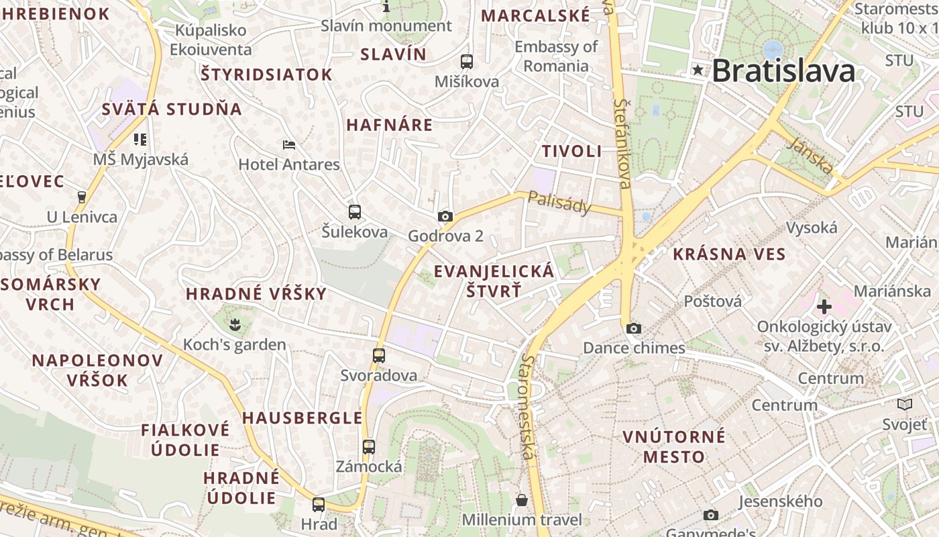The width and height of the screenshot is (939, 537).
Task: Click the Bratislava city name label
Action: [x=783, y=70]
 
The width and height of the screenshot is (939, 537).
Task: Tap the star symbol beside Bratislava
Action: [x=698, y=70]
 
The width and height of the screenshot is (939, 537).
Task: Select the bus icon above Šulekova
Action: [x=355, y=212]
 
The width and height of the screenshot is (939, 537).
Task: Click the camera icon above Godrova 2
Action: [x=445, y=216]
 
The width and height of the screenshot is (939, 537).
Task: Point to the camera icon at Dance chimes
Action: [x=633, y=328]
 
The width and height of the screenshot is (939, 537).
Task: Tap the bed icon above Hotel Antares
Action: [x=289, y=144]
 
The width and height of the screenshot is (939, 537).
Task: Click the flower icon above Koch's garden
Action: [x=234, y=326]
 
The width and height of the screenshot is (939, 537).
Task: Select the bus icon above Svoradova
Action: [x=379, y=356]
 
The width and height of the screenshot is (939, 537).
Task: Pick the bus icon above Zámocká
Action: [x=368, y=446]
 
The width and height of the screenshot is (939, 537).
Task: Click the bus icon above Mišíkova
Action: [x=467, y=61]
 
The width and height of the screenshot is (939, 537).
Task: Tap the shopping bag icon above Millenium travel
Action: [x=521, y=500]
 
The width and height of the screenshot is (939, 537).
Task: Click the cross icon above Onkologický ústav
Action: [x=824, y=307]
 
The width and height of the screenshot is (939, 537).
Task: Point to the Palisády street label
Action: [x=560, y=202]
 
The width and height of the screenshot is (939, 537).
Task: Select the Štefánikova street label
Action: [x=623, y=143]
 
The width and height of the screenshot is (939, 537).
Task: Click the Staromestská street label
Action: [x=527, y=407]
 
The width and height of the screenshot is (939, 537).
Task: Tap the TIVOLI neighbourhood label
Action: [x=572, y=152]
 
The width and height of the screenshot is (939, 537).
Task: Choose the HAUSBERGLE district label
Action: [x=302, y=418]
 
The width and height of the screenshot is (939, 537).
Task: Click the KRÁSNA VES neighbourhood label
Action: [x=728, y=254]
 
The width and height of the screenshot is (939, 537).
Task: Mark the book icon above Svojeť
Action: [x=905, y=404]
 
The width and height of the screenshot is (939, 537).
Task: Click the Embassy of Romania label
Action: [x=556, y=56]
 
